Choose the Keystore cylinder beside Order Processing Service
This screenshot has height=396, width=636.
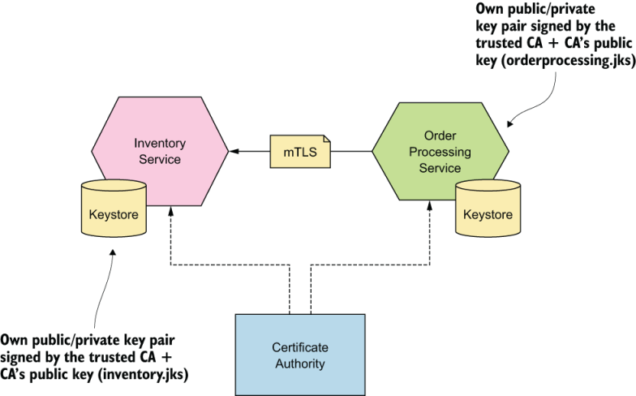click(x=488, y=213)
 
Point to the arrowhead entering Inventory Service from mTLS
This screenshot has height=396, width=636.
click(x=234, y=152)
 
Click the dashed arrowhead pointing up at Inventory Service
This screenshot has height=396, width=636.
click(x=170, y=210)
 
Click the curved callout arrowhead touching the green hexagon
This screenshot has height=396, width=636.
click(x=509, y=124)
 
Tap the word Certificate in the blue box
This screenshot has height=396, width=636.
click(x=299, y=347)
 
